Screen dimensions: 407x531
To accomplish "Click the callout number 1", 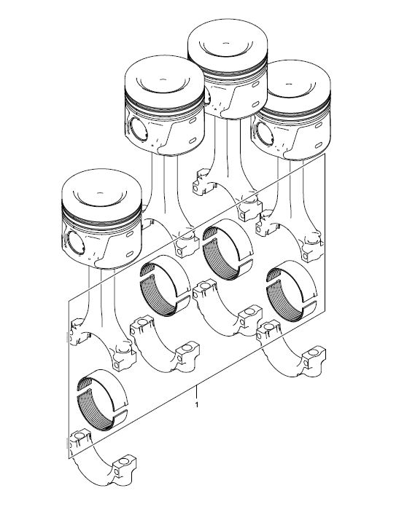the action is [197, 404].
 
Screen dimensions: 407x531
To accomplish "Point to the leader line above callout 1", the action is [196, 392].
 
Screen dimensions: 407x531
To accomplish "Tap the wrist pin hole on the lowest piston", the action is [75, 243].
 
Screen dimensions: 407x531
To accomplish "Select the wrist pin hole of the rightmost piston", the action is [265, 134].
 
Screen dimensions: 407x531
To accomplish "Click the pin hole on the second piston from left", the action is [139, 129].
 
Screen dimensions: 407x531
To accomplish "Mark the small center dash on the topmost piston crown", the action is [226, 44].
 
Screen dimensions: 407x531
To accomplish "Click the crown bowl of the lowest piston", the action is [100, 197].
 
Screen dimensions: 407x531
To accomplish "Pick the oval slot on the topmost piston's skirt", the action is [255, 103].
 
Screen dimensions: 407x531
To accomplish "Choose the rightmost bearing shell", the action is [291, 291].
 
